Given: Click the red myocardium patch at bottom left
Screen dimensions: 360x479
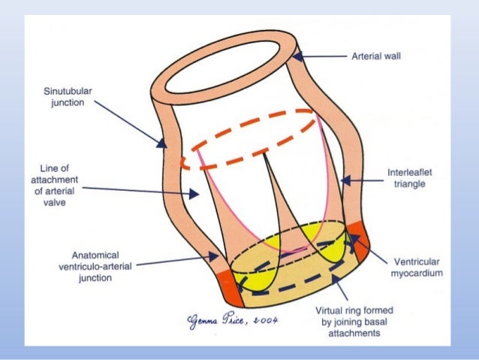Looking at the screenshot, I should tap(222, 282).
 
